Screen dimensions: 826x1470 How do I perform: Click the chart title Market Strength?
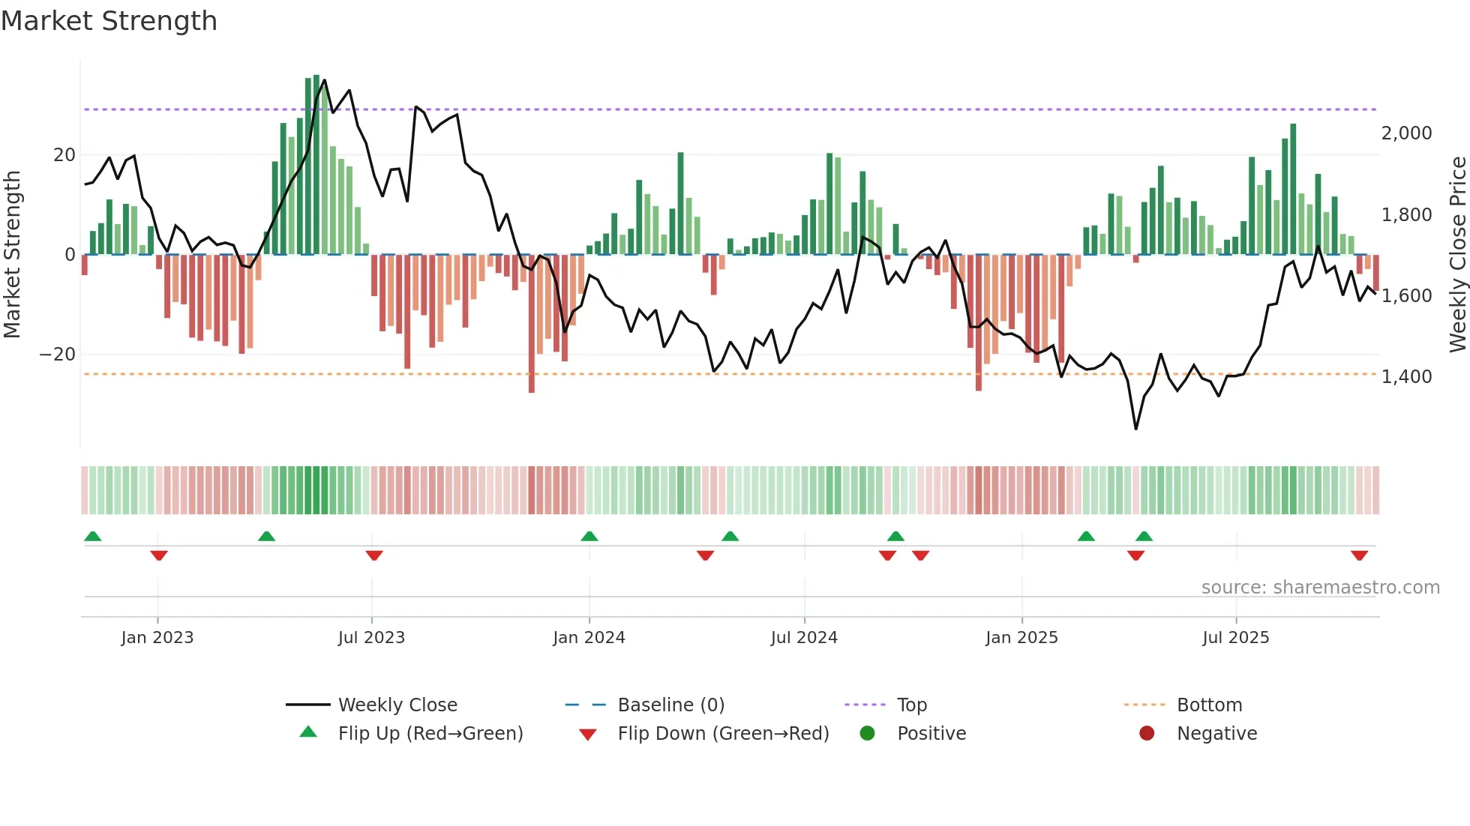pos(109,21)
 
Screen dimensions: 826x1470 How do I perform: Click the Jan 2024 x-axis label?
pos(589,638)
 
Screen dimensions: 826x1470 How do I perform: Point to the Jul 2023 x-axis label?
pos(371,638)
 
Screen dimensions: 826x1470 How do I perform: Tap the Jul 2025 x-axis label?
pos(1235,638)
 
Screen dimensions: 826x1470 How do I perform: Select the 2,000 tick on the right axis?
pos(1406,133)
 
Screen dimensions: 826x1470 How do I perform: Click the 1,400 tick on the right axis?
pos(1406,377)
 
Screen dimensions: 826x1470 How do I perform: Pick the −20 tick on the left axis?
pos(58,355)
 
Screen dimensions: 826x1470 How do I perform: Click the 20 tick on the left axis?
pos(64,155)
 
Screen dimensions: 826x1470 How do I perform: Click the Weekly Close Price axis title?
pos(1457,255)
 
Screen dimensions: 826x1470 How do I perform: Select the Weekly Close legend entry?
pos(397,705)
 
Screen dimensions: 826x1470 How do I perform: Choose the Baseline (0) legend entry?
pos(670,705)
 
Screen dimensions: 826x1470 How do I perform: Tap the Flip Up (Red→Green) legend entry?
pos(430,734)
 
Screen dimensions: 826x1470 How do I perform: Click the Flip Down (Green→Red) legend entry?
pos(723,734)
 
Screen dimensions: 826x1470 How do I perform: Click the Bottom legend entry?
pos(1209,705)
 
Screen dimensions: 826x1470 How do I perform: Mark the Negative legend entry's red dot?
pos(1146,733)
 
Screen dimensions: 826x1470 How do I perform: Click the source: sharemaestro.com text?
pos(1320,588)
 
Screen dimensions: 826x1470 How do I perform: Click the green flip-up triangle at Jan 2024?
pos(589,537)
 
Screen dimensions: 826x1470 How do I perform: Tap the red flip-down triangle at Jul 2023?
pos(374,555)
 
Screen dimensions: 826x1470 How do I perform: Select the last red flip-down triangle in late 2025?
pos(1359,555)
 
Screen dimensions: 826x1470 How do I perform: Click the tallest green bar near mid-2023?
pos(316,165)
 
